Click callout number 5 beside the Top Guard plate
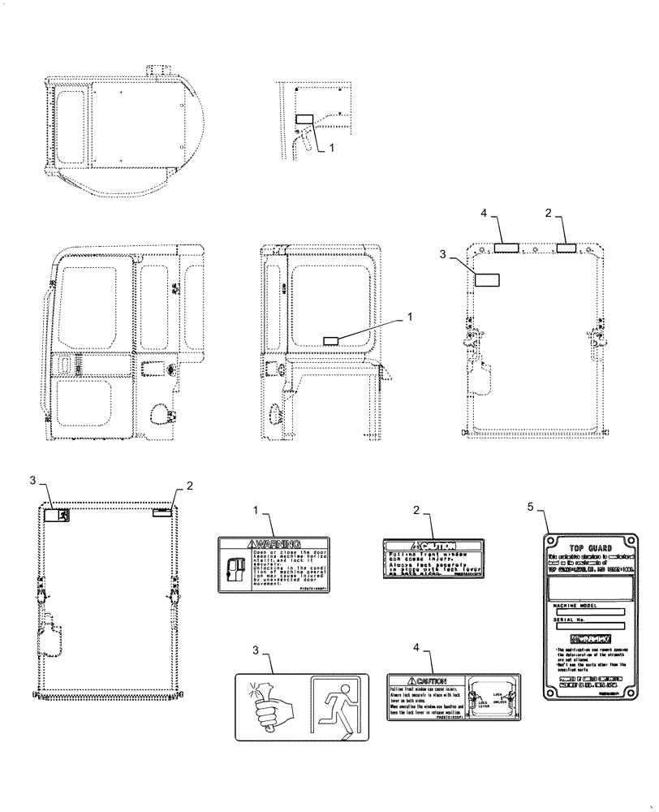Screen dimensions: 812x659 pos(531,507)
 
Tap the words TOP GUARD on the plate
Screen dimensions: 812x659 pos(587,548)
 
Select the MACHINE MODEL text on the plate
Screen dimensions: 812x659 pos(574,605)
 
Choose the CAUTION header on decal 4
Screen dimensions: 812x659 pos(428,680)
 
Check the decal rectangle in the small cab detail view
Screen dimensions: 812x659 pos(303,119)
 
